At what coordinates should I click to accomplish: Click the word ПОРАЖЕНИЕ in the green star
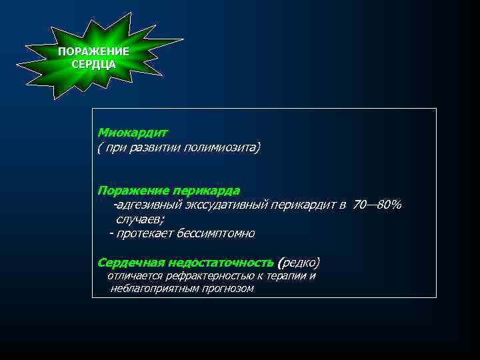[93, 52]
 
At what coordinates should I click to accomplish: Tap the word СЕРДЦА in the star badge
[93, 65]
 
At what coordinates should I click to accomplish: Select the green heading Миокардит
[133, 133]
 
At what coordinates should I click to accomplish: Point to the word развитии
[156, 147]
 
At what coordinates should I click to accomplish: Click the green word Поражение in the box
[129, 191]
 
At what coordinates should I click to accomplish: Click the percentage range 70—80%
[377, 205]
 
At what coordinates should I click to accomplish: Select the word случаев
[139, 219]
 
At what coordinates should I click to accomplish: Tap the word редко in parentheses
[300, 261]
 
